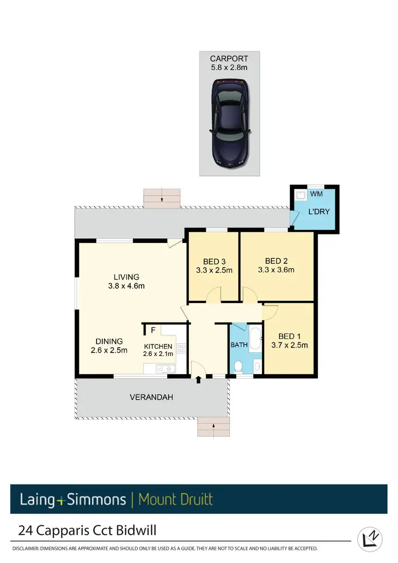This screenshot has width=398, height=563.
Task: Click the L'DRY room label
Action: tap(319, 212)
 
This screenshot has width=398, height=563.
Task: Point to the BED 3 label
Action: tap(214, 261)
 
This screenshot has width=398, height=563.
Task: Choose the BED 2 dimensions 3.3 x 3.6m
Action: tap(276, 270)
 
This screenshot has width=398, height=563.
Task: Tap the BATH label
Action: tap(239, 345)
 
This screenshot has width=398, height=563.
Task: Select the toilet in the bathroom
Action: tap(239, 366)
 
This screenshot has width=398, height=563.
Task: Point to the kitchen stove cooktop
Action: tap(181, 349)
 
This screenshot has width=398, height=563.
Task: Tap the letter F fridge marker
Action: tap(153, 330)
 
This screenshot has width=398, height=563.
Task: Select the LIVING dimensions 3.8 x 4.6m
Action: tap(126, 286)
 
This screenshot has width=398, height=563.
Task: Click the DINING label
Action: tap(109, 341)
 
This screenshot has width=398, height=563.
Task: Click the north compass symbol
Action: tap(370, 538)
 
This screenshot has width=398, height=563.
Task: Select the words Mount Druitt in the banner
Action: tap(175, 499)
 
